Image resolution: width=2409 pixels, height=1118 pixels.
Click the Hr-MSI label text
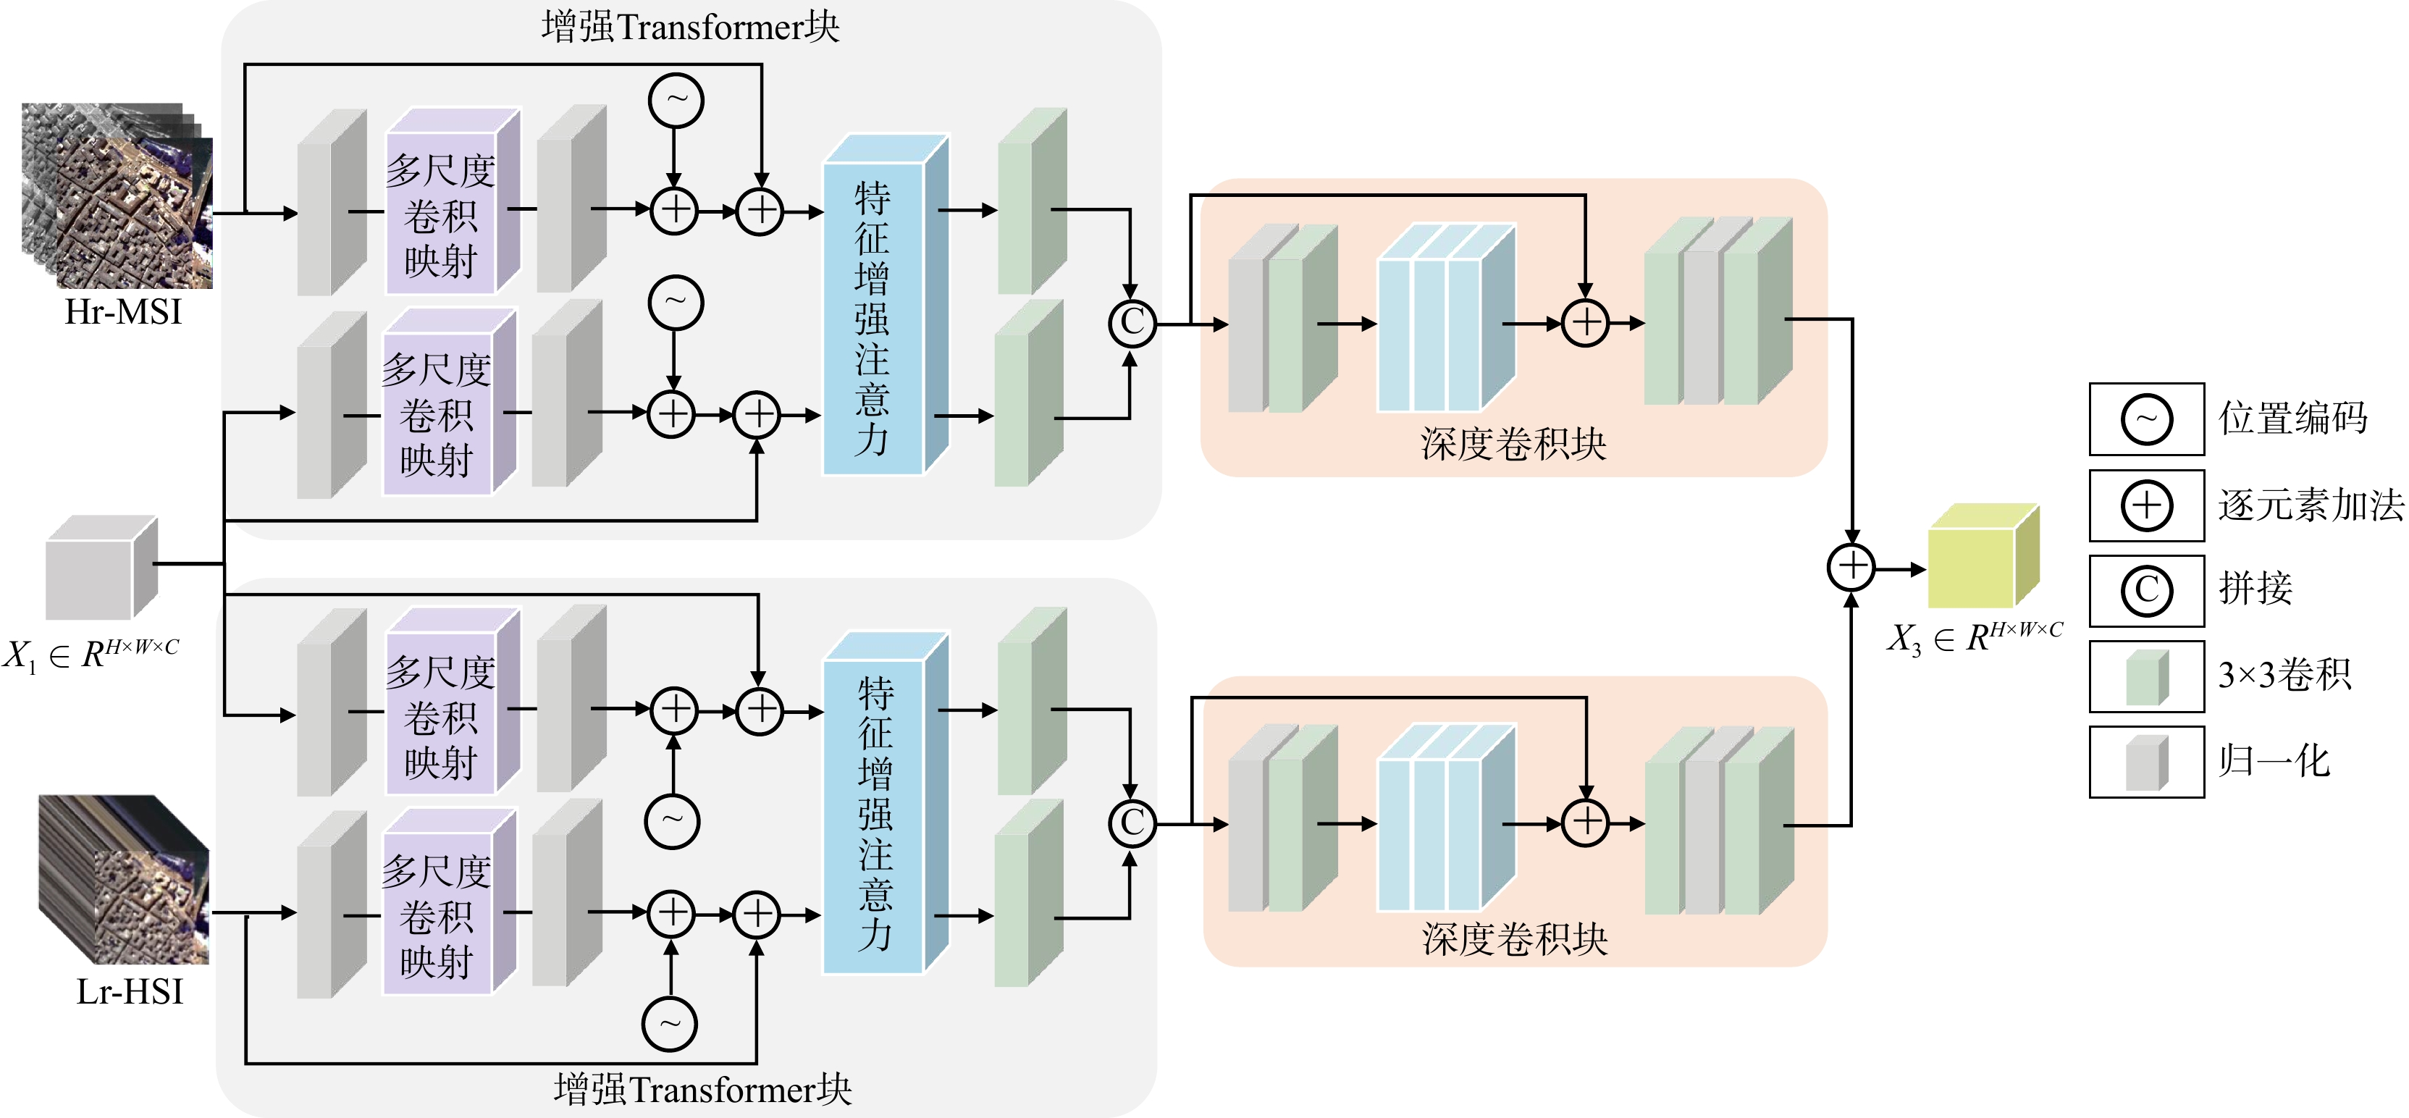122,311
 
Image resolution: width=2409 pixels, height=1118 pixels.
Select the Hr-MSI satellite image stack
117,195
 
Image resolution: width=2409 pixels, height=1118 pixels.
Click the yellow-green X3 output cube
1983,555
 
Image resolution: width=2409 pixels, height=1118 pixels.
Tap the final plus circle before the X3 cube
1851,567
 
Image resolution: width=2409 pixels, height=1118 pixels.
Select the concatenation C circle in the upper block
1132,323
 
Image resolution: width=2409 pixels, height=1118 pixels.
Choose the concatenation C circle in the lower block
1132,823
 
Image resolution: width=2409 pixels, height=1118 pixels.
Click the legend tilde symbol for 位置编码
2146,419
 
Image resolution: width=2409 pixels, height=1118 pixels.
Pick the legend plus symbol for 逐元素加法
2146,505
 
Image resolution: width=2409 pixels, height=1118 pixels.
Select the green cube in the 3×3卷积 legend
2146,677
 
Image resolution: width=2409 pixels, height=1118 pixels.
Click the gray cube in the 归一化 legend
2146,762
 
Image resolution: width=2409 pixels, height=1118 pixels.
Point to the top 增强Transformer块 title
690,26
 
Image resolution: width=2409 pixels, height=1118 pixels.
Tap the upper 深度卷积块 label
1513,443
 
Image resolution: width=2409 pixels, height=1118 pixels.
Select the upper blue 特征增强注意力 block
886,305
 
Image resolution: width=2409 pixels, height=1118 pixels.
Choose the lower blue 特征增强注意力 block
886,803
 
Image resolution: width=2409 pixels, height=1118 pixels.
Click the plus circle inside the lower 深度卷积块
1585,823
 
